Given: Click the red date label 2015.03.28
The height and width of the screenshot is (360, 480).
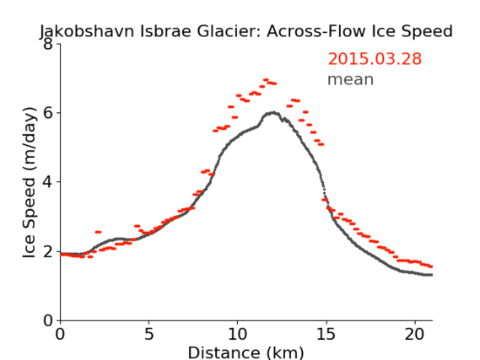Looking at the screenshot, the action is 375,59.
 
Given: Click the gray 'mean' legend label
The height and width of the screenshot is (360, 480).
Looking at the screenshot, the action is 351,79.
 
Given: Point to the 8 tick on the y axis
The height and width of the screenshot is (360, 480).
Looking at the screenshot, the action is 48,45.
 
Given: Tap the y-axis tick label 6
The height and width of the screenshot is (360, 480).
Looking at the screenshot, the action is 48,113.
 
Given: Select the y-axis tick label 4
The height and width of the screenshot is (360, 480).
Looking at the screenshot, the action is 48,182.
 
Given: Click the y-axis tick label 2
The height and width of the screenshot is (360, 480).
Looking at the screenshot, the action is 48,251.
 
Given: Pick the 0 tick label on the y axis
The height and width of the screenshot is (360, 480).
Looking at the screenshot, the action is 48,320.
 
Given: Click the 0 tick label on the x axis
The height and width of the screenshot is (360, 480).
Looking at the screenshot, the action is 60,335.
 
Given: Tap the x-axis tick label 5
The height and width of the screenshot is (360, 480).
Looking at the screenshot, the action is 148,335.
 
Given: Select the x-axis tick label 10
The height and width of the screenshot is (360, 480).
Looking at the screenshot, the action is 238,335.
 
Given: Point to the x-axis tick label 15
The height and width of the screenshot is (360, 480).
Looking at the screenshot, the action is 326,335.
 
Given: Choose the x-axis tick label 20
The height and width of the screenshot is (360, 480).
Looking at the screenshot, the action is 415,335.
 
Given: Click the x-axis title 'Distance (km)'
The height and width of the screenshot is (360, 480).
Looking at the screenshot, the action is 245,352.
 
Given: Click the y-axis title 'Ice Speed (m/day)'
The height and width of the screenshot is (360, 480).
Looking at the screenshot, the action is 30,182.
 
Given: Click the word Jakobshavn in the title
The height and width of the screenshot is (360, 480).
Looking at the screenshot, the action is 87,31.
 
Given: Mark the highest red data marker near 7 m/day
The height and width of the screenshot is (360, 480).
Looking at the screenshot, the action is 266,80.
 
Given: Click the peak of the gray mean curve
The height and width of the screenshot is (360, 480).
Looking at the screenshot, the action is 273,113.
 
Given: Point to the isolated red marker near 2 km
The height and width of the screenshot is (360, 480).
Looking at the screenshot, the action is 98,232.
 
